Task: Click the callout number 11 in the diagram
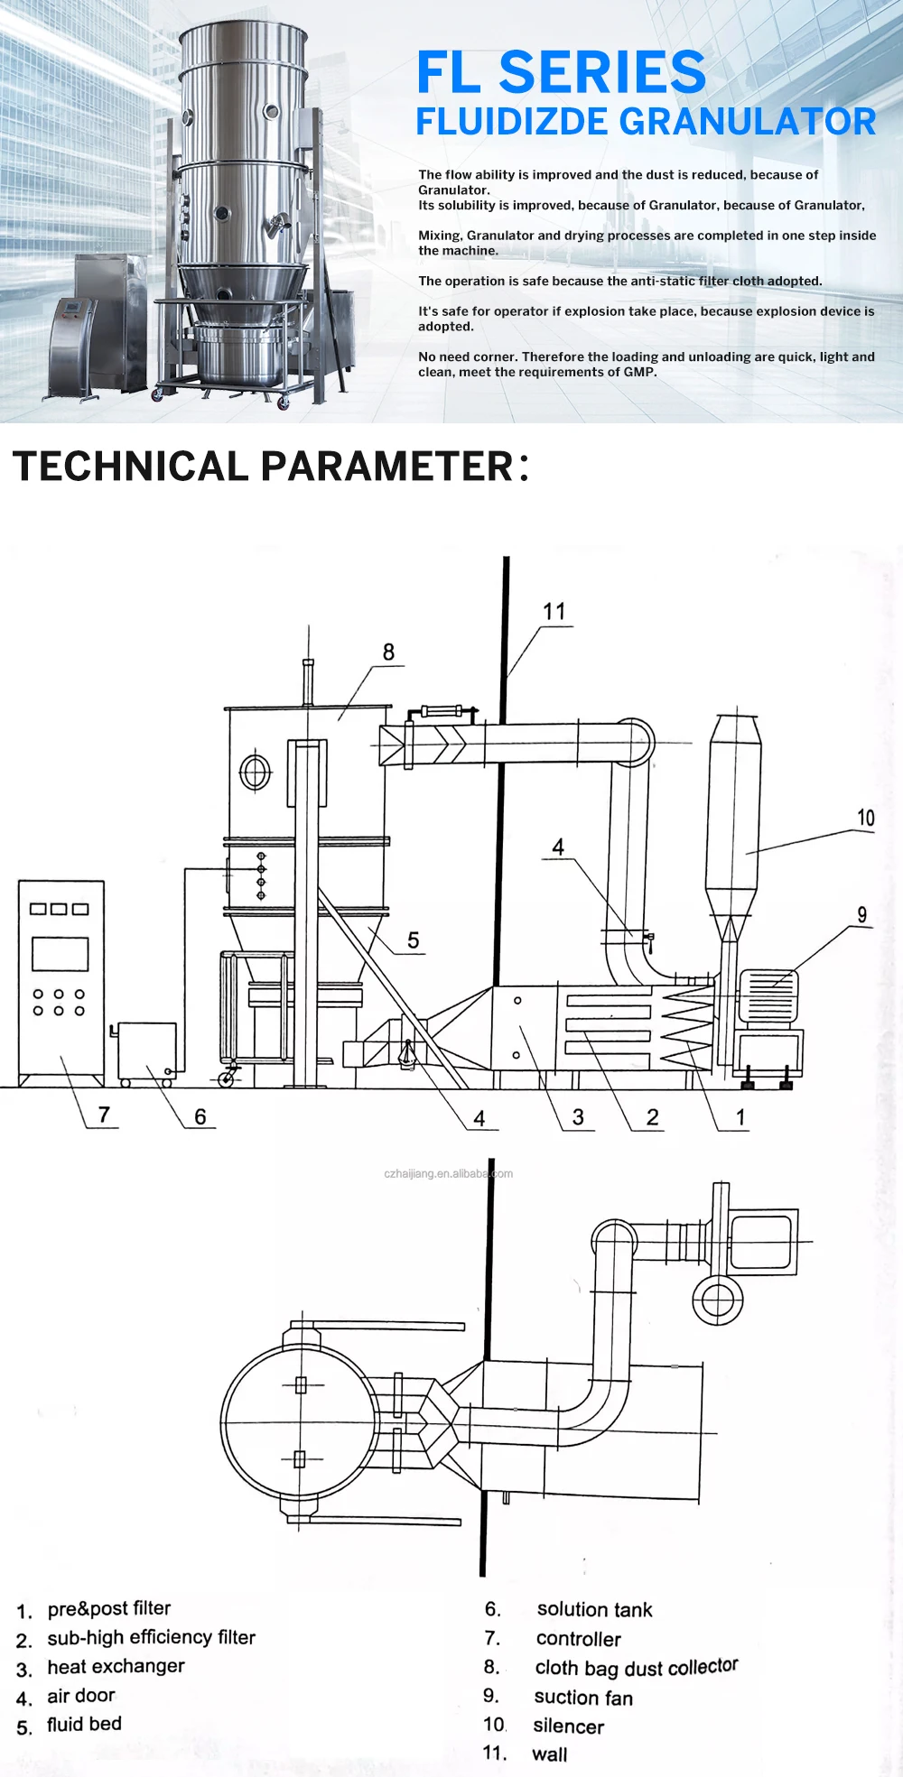pyautogui.click(x=554, y=612)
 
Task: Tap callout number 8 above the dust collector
pyautogui.click(x=388, y=652)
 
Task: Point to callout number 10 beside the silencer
pyautogui.click(x=865, y=818)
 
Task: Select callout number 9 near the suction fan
pyautogui.click(x=862, y=914)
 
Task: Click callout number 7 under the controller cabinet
pyautogui.click(x=104, y=1115)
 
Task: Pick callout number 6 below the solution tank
pyautogui.click(x=200, y=1117)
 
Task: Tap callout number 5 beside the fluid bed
pyautogui.click(x=414, y=940)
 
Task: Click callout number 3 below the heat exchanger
pyautogui.click(x=578, y=1117)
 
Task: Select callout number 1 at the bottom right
pyautogui.click(x=740, y=1117)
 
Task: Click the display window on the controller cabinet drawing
pyautogui.click(x=61, y=954)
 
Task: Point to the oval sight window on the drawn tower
pyautogui.click(x=256, y=773)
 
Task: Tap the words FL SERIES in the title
pyautogui.click(x=561, y=72)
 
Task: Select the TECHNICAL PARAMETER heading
pyautogui.click(x=270, y=466)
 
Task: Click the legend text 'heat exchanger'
pyautogui.click(x=116, y=1666)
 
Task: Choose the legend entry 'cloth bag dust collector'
pyautogui.click(x=637, y=1667)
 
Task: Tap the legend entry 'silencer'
pyautogui.click(x=568, y=1726)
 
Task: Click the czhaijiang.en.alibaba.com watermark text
pyautogui.click(x=448, y=1174)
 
